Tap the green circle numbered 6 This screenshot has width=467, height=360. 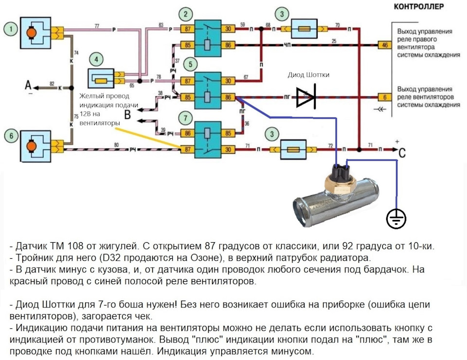click(10, 136)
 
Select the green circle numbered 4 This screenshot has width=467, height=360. click(97, 60)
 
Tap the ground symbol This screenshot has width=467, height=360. click(396, 219)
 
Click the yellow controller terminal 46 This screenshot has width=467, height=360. click(385, 46)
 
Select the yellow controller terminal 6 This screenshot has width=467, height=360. click(385, 96)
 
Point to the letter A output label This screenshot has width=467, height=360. click(28, 86)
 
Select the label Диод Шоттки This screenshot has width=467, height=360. click(308, 74)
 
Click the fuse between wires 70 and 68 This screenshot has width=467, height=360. click(305, 29)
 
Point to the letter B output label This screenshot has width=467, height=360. click(127, 115)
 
